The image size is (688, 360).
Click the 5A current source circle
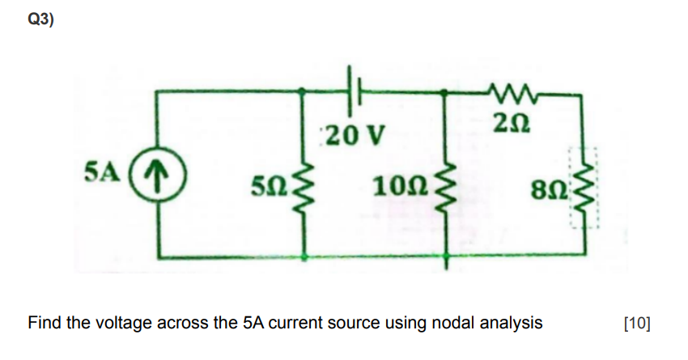tap(159, 174)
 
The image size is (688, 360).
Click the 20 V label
tap(347, 133)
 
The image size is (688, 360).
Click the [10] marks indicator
tap(638, 324)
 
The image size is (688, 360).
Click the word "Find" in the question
tap(45, 324)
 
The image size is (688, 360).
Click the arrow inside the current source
tap(159, 174)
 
